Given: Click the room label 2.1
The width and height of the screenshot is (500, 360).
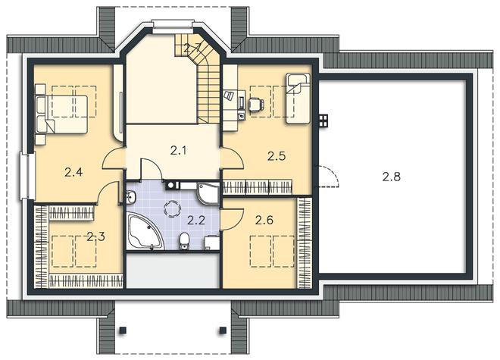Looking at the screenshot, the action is tap(178, 150).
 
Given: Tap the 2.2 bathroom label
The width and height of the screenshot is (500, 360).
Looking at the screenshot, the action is tap(195, 220).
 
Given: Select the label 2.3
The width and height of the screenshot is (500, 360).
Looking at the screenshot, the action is tap(96, 236).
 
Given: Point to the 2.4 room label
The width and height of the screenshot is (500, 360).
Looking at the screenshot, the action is tap(73, 172).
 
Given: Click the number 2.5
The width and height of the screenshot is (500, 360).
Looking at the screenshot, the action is tap(277, 156).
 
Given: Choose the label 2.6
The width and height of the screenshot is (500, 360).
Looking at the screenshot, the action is tap(264, 220).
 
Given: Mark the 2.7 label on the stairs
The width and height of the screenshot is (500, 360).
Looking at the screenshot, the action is tap(192, 49).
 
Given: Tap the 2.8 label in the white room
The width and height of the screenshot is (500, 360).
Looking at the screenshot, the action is tap(391, 177).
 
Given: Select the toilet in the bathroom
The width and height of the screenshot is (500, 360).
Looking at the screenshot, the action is tap(184, 241).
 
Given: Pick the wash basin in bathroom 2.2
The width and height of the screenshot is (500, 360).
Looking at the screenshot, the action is tap(131, 197).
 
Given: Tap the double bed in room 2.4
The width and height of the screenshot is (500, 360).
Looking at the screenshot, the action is tap(61, 114).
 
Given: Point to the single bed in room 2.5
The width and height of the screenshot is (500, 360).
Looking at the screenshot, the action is tap(298, 99).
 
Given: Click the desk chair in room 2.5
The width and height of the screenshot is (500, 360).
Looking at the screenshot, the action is tap(256, 104).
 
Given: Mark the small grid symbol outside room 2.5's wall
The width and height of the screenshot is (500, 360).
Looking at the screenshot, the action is tap(323, 121).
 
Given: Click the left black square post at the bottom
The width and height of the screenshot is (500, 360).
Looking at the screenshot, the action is tap(123, 330).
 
